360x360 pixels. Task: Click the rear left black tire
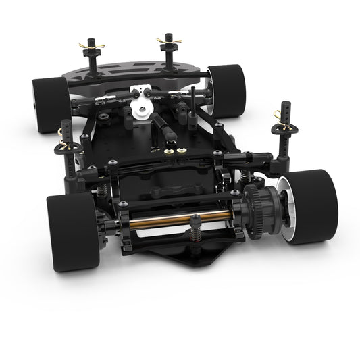coord(72,231)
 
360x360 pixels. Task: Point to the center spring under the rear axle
coord(195,236)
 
